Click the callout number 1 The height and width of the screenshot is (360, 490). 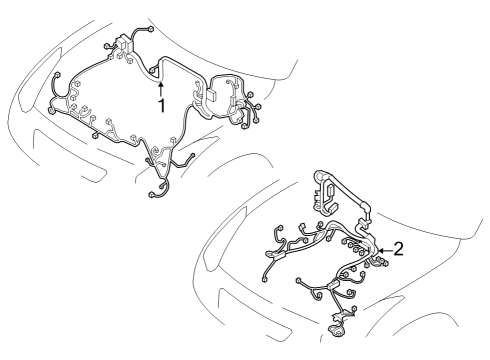pos(158,103)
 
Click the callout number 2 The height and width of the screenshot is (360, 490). pos(398,249)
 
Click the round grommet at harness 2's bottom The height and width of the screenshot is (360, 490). pos(333,324)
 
